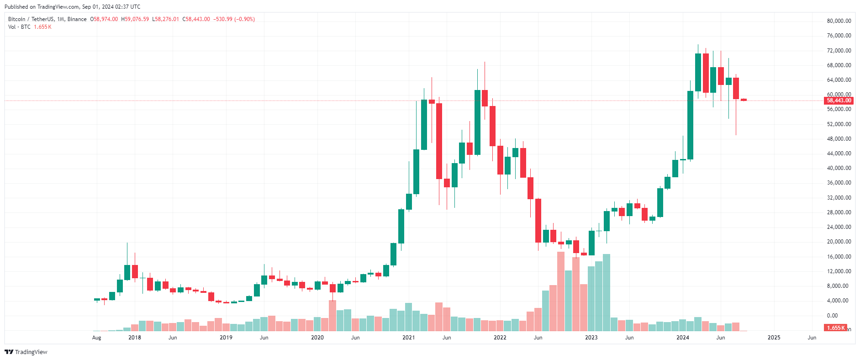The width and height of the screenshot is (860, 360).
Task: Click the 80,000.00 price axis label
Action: tap(839, 21)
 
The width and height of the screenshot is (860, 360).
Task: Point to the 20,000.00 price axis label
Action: tap(839, 242)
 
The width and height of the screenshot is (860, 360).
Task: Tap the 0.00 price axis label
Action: tap(832, 316)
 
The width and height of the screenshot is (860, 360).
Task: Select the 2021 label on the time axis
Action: tap(408, 338)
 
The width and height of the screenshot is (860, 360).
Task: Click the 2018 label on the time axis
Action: tap(135, 338)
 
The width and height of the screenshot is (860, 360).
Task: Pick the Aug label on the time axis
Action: tap(96, 338)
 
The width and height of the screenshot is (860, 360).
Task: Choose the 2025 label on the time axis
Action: tap(774, 338)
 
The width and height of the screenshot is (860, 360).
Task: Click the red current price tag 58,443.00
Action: tap(839, 101)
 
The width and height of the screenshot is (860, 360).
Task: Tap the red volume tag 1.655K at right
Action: tap(835, 328)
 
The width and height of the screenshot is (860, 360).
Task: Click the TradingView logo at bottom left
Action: tap(26, 352)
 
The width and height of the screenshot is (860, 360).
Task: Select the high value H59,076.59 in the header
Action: tap(135, 19)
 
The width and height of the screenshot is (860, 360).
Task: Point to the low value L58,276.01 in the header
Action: tap(165, 19)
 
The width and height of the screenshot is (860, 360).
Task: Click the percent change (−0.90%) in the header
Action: tap(244, 19)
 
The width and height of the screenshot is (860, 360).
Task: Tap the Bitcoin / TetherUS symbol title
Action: tap(31, 19)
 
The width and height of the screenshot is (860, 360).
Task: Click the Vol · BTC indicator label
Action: tap(19, 27)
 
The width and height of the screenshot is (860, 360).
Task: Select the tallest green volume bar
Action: tap(607, 292)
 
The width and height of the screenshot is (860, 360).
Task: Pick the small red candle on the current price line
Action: tap(744, 100)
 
